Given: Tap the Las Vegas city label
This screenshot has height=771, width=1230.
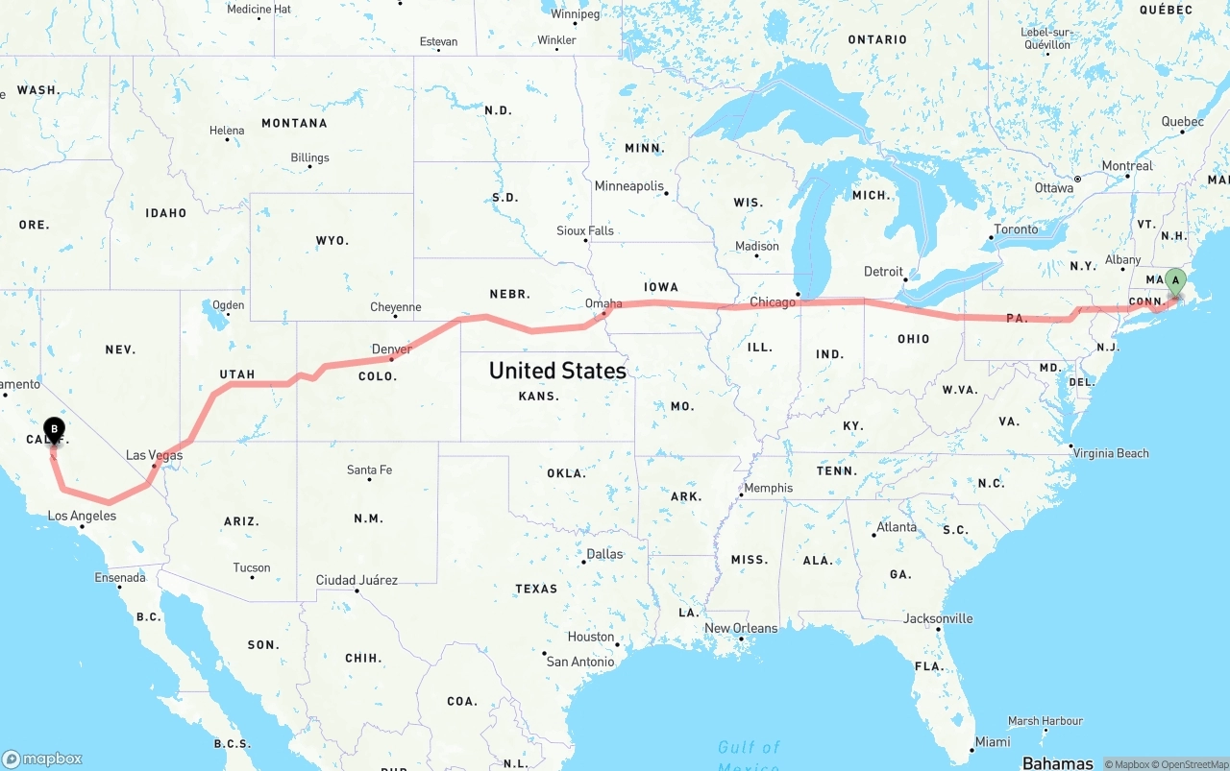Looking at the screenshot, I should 154,455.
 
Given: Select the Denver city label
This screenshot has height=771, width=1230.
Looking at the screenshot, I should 391,349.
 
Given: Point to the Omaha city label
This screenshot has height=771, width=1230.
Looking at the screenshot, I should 603,303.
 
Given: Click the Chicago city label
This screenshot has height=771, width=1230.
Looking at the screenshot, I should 773,301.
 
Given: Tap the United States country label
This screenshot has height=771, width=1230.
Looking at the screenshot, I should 557,371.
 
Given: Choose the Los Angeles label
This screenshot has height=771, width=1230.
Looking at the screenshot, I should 82,516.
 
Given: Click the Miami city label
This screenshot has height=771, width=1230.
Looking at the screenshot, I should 992,741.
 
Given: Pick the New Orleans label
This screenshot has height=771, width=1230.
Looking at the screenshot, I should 741,628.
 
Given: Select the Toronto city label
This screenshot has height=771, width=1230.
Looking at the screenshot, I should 1016,229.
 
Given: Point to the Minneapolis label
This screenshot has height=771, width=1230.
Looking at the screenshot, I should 628,185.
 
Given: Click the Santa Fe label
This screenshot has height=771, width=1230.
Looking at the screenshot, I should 369,470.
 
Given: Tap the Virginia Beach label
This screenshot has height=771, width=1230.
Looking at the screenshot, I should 1111,453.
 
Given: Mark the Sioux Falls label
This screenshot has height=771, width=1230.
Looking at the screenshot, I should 584,230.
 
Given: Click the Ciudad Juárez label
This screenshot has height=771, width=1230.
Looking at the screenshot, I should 357,580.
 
